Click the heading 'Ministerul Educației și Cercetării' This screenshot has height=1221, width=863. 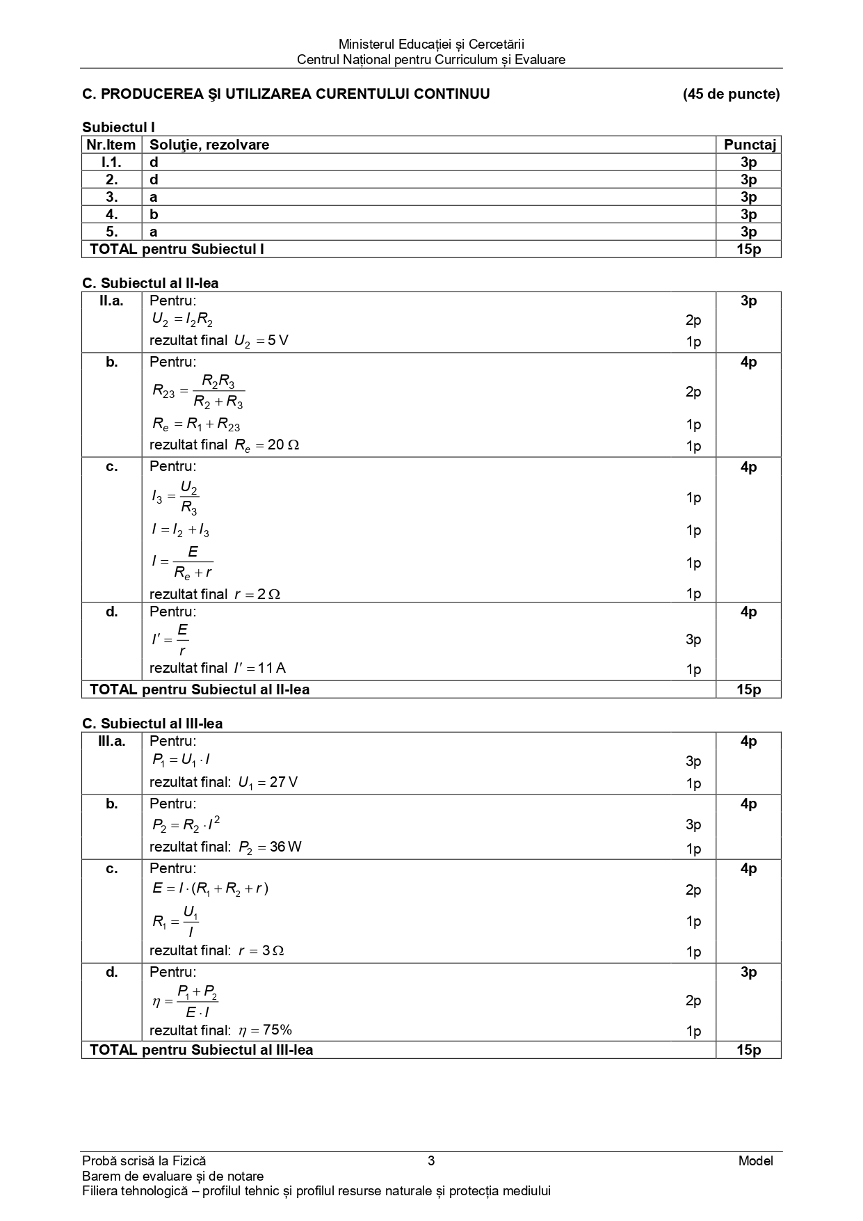click(430, 45)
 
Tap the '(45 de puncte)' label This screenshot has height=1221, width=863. click(731, 94)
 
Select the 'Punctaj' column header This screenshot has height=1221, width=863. click(749, 145)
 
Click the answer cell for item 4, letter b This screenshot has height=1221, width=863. click(154, 214)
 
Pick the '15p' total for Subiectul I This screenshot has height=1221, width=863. click(749, 249)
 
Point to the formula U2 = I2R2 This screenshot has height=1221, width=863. click(182, 320)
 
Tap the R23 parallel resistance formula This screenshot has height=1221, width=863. click(198, 392)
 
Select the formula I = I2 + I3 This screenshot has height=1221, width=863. click(180, 530)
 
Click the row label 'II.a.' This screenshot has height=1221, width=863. click(111, 301)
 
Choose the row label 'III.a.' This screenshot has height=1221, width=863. click(111, 741)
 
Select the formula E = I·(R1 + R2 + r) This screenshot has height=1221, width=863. click(210, 888)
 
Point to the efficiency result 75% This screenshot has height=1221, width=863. click(265, 1030)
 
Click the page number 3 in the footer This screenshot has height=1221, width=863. click(431, 1160)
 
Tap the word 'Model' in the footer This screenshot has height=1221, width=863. click(756, 1160)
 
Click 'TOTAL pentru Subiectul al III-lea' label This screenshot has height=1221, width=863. click(202, 1050)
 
